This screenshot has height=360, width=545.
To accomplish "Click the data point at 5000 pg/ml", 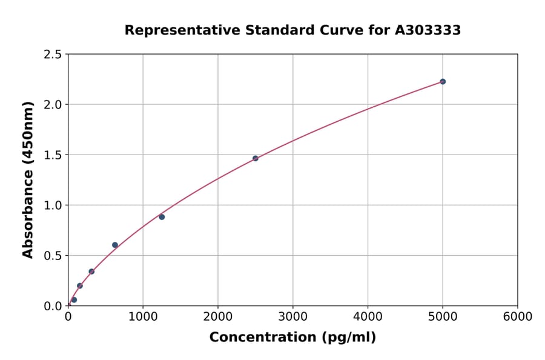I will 443,81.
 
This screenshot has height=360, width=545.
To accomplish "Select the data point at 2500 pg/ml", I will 256,158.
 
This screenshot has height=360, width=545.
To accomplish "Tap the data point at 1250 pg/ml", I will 162,217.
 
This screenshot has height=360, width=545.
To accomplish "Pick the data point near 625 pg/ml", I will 115,245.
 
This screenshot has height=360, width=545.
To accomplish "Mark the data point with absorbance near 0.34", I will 91,272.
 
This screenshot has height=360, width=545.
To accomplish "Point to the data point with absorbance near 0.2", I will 80,285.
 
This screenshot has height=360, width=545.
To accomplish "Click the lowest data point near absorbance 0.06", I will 74,300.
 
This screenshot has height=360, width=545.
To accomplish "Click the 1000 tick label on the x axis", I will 143,317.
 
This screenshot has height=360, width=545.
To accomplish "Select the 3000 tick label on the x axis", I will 292,317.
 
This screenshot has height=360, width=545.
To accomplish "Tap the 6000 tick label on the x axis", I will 517,317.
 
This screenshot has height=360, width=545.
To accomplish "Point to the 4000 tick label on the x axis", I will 368,317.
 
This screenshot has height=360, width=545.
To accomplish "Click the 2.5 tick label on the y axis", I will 53,55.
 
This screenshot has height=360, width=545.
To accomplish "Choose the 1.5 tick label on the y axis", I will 53,155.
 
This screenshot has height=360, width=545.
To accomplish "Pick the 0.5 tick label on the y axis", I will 53,256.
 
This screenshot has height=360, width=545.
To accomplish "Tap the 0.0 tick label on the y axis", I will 53,306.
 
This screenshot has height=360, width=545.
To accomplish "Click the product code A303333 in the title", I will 428,30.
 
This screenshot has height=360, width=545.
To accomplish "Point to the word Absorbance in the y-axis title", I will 28,213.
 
